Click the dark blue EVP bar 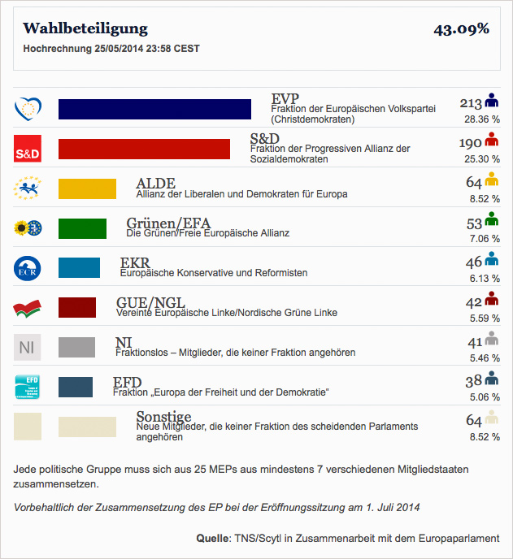click(x=154, y=109)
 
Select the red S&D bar click(x=145, y=149)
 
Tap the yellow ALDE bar click(x=87, y=188)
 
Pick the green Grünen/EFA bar click(x=82, y=228)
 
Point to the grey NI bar click(x=77, y=347)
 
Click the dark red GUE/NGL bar click(x=77, y=307)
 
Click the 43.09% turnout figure click(x=461, y=29)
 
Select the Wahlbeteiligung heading click(x=85, y=28)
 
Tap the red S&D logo click(x=28, y=149)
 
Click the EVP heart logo click(x=28, y=108)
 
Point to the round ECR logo click(x=28, y=268)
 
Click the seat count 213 click(x=471, y=103)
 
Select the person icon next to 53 click(x=490, y=219)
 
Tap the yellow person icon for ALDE click(x=490, y=180)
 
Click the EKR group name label click(x=135, y=262)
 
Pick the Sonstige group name click(x=163, y=417)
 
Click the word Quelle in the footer click(x=214, y=538)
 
